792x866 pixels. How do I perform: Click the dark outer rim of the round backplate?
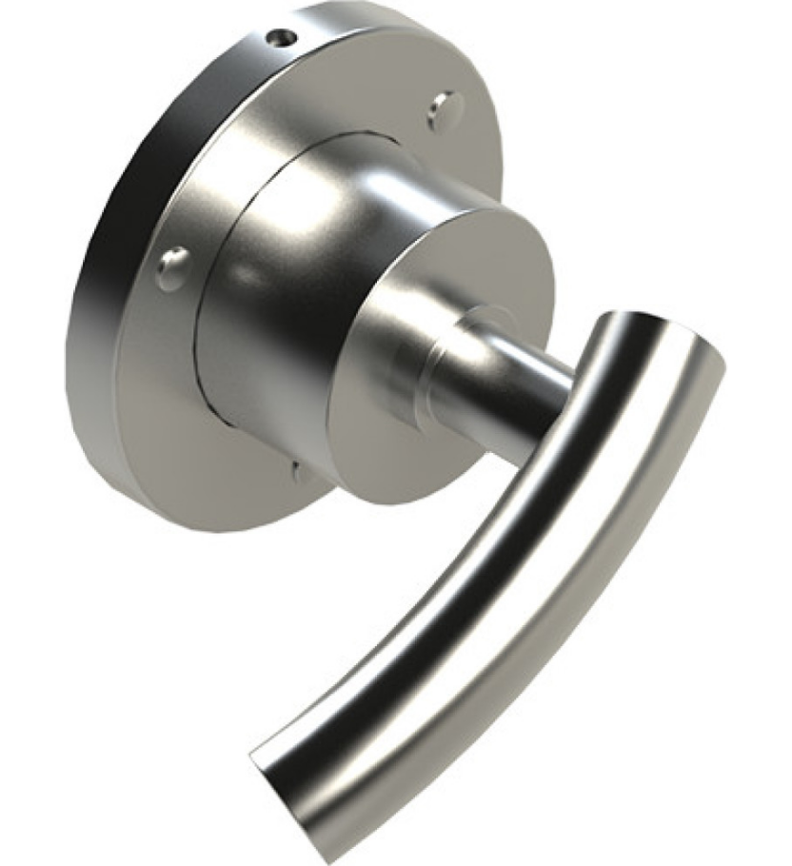[105, 285]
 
